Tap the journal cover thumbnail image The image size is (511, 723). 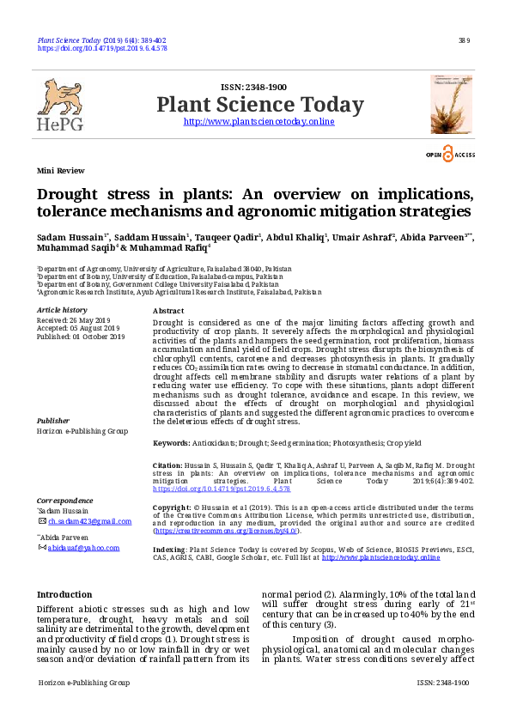(x=451, y=104)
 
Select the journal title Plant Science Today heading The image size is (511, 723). (x=259, y=105)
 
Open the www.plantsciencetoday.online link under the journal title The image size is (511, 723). (x=259, y=122)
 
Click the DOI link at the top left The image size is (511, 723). (x=102, y=49)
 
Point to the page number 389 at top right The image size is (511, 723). (x=465, y=40)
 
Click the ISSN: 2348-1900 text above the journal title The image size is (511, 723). (x=253, y=88)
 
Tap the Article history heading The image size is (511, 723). (x=62, y=309)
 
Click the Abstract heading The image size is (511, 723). (x=168, y=310)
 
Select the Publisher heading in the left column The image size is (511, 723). (x=53, y=421)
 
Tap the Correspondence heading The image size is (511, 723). (x=65, y=500)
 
